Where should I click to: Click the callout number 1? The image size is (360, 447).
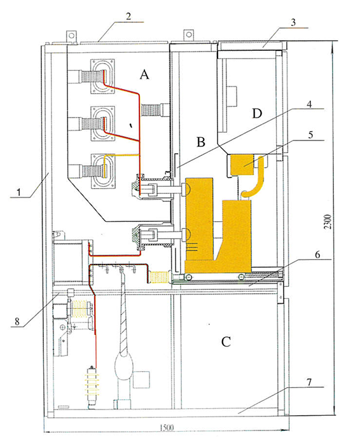point(19,192)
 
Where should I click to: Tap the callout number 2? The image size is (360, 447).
point(128,16)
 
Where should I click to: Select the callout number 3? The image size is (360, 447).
point(293,22)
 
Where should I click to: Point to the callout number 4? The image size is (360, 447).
point(310,104)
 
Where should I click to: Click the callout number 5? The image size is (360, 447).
point(310,135)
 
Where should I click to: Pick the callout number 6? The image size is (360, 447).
point(317,254)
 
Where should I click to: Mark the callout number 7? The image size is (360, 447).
point(309,382)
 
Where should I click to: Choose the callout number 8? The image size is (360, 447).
point(17,321)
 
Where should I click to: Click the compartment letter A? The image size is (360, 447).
point(144,74)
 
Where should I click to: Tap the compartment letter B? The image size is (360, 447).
point(201,142)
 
